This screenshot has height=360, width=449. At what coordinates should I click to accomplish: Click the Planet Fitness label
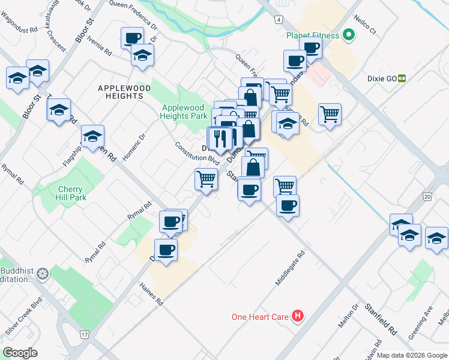coord(313,35)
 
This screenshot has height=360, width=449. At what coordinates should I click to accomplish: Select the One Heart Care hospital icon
coord(297,316)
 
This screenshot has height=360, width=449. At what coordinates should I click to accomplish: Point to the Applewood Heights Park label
coord(184,112)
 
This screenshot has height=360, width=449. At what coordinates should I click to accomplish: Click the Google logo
coord(20,352)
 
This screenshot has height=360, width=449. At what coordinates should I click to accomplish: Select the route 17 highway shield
coord(83,334)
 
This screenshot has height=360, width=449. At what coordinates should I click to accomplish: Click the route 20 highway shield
coord(427,196)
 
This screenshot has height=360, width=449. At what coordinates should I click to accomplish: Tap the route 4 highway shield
coord(279,20)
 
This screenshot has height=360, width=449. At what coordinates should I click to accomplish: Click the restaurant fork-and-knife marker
coord(221,139)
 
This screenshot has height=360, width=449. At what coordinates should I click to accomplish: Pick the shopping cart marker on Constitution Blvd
coord(206,178)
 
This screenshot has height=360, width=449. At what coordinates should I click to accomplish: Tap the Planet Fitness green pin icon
coord(348,35)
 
